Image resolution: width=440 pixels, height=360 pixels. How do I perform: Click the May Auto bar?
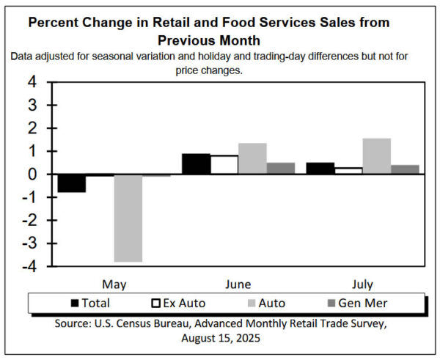click(x=128, y=218)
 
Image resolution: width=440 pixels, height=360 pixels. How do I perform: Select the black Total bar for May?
click(x=72, y=183)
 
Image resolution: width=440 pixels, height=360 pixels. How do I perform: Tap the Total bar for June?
click(x=196, y=164)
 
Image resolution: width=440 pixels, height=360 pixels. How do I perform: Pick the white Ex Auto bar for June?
click(x=224, y=165)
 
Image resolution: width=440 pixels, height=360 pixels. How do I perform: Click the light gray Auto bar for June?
click(x=252, y=159)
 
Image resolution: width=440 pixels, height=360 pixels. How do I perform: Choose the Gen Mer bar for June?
click(x=281, y=169)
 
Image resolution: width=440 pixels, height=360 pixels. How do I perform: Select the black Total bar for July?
click(x=320, y=169)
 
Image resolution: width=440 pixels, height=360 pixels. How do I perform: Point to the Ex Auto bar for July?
click(x=348, y=171)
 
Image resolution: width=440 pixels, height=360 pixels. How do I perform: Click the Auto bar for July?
click(x=376, y=156)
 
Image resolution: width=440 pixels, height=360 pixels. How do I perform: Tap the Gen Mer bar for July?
click(x=405, y=169)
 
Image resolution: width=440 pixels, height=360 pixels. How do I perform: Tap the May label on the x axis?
click(x=114, y=284)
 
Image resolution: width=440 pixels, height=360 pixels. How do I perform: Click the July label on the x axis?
click(x=362, y=284)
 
